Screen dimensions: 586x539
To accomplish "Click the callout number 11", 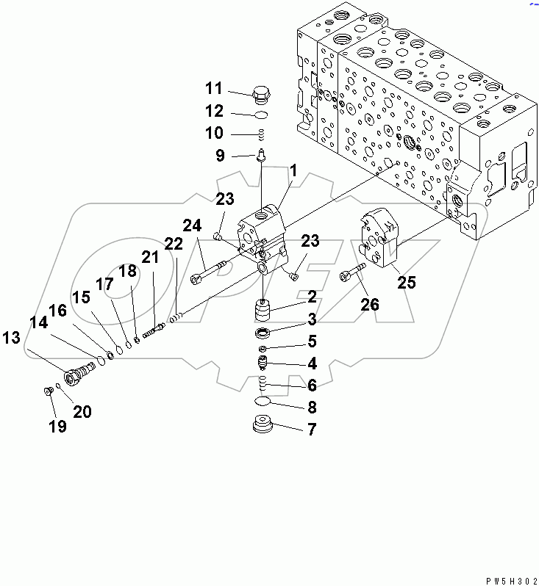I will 213,89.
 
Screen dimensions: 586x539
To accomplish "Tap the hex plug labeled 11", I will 260,95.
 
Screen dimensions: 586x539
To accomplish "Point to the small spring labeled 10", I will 260,134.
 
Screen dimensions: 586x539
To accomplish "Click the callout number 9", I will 219,156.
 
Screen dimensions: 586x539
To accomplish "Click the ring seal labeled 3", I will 263,334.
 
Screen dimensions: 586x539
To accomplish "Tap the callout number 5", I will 312,341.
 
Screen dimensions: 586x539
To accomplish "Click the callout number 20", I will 82,412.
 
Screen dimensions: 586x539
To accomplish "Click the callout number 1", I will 292,171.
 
